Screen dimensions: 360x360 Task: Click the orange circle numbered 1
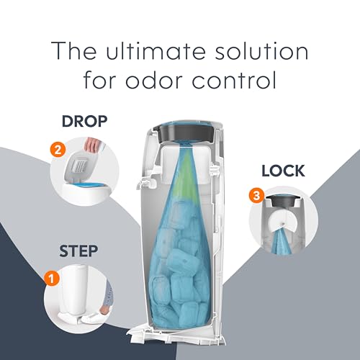point(50,276)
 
